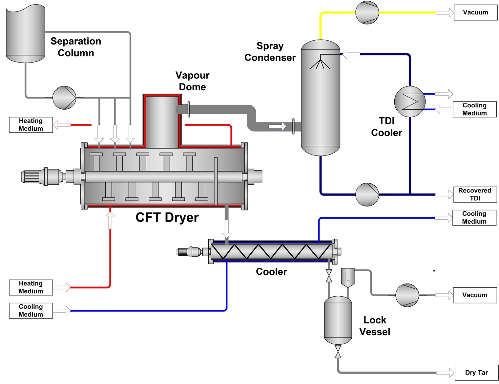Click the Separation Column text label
pyautogui.click(x=76, y=47)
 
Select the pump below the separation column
pyautogui.click(x=64, y=98)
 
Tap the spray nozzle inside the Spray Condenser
pyautogui.click(x=320, y=62)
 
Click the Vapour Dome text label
pyautogui.click(x=192, y=81)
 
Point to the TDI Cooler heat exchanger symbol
pyautogui.click(x=409, y=101)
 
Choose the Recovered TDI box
pyautogui.click(x=475, y=194)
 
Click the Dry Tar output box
pyautogui.click(x=476, y=373)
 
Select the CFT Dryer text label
pyautogui.click(x=167, y=217)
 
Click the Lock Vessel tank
pyautogui.click(x=338, y=320)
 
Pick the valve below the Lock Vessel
pyautogui.click(x=338, y=352)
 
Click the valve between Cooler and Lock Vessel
pyautogui.click(x=329, y=276)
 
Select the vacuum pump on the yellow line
pyautogui.click(x=367, y=13)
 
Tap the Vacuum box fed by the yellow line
pyautogui.click(x=475, y=12)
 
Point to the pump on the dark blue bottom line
pyautogui.click(x=367, y=194)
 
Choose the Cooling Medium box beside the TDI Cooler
pyautogui.click(x=474, y=109)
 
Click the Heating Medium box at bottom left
pyautogui.click(x=31, y=287)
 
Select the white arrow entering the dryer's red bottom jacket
pyautogui.click(x=110, y=220)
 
